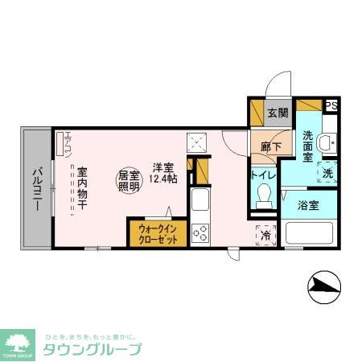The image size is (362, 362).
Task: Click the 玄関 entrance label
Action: coord(277,113)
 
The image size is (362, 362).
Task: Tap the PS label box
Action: coord(331,105)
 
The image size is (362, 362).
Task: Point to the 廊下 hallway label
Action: coord(270,148)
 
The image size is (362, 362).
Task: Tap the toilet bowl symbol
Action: coord(263,196)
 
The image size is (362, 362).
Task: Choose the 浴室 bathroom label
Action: coord(307,204)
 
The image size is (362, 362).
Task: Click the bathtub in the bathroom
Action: coord(310,234)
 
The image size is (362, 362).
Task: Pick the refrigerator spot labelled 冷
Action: coord(266,235)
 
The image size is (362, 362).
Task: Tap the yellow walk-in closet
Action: coord(158,234)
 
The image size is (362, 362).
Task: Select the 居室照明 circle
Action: coord(130,180)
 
